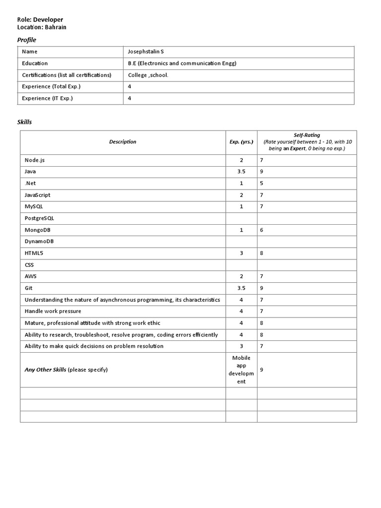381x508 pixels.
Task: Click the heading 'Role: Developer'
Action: tap(40, 20)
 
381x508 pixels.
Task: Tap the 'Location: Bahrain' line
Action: tap(42, 27)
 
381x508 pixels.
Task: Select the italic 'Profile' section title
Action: tap(27, 40)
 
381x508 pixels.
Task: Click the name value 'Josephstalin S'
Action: tap(145, 52)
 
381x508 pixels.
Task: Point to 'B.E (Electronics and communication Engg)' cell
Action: tap(182, 63)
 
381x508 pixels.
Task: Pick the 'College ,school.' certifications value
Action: tap(148, 75)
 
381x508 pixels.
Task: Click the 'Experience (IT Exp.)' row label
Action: tap(48, 98)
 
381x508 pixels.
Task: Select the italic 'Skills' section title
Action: tap(25, 122)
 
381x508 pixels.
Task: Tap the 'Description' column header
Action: tap(123, 142)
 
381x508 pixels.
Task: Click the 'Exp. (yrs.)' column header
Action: tap(241, 142)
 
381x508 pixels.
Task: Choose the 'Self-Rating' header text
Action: tap(306, 135)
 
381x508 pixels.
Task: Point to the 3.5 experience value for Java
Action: tap(241, 172)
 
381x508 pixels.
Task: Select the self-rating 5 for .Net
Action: tap(261, 184)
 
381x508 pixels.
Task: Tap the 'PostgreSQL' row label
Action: tap(39, 218)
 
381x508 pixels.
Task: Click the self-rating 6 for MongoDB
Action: tap(261, 230)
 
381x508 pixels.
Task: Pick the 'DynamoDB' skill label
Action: tap(39, 242)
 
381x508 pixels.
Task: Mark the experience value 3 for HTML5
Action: tap(241, 254)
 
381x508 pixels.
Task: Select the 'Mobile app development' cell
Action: tap(241, 370)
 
